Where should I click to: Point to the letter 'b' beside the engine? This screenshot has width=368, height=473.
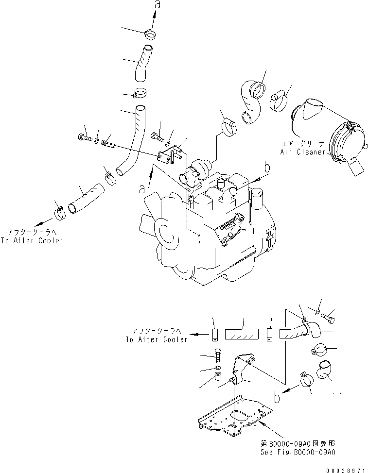266,169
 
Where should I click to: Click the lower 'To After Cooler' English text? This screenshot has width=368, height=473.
156,339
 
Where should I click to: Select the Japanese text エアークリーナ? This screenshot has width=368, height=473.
302,144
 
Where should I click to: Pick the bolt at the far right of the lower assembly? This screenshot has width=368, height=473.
328,316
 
